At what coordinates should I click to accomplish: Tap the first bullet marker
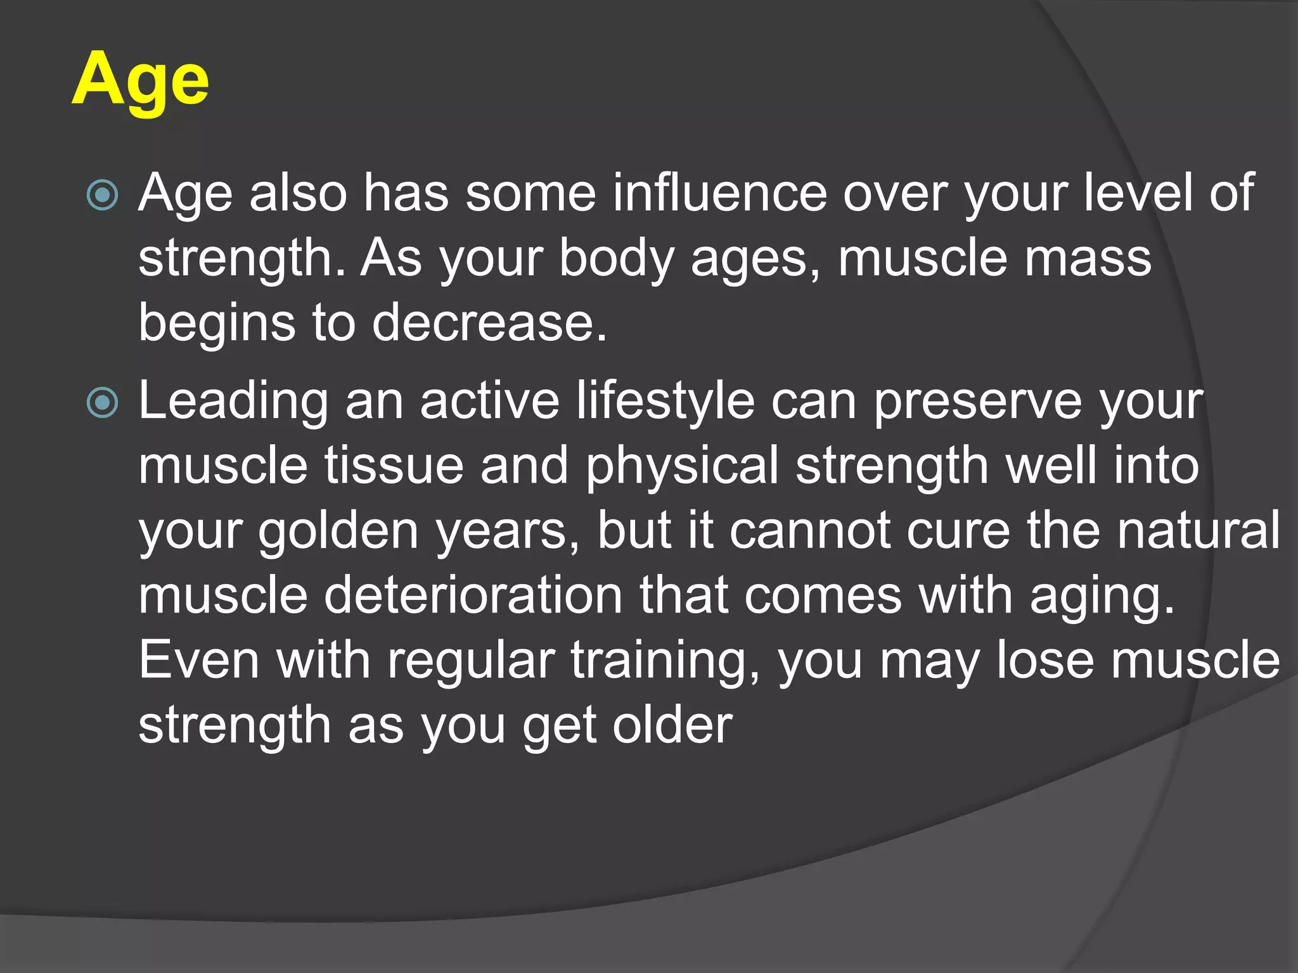point(102,195)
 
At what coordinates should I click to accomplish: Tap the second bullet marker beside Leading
point(102,403)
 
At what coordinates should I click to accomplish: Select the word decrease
point(489,322)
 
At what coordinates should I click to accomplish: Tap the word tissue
point(394,466)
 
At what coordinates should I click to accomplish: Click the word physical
point(682,467)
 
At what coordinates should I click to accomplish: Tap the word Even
point(199,660)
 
